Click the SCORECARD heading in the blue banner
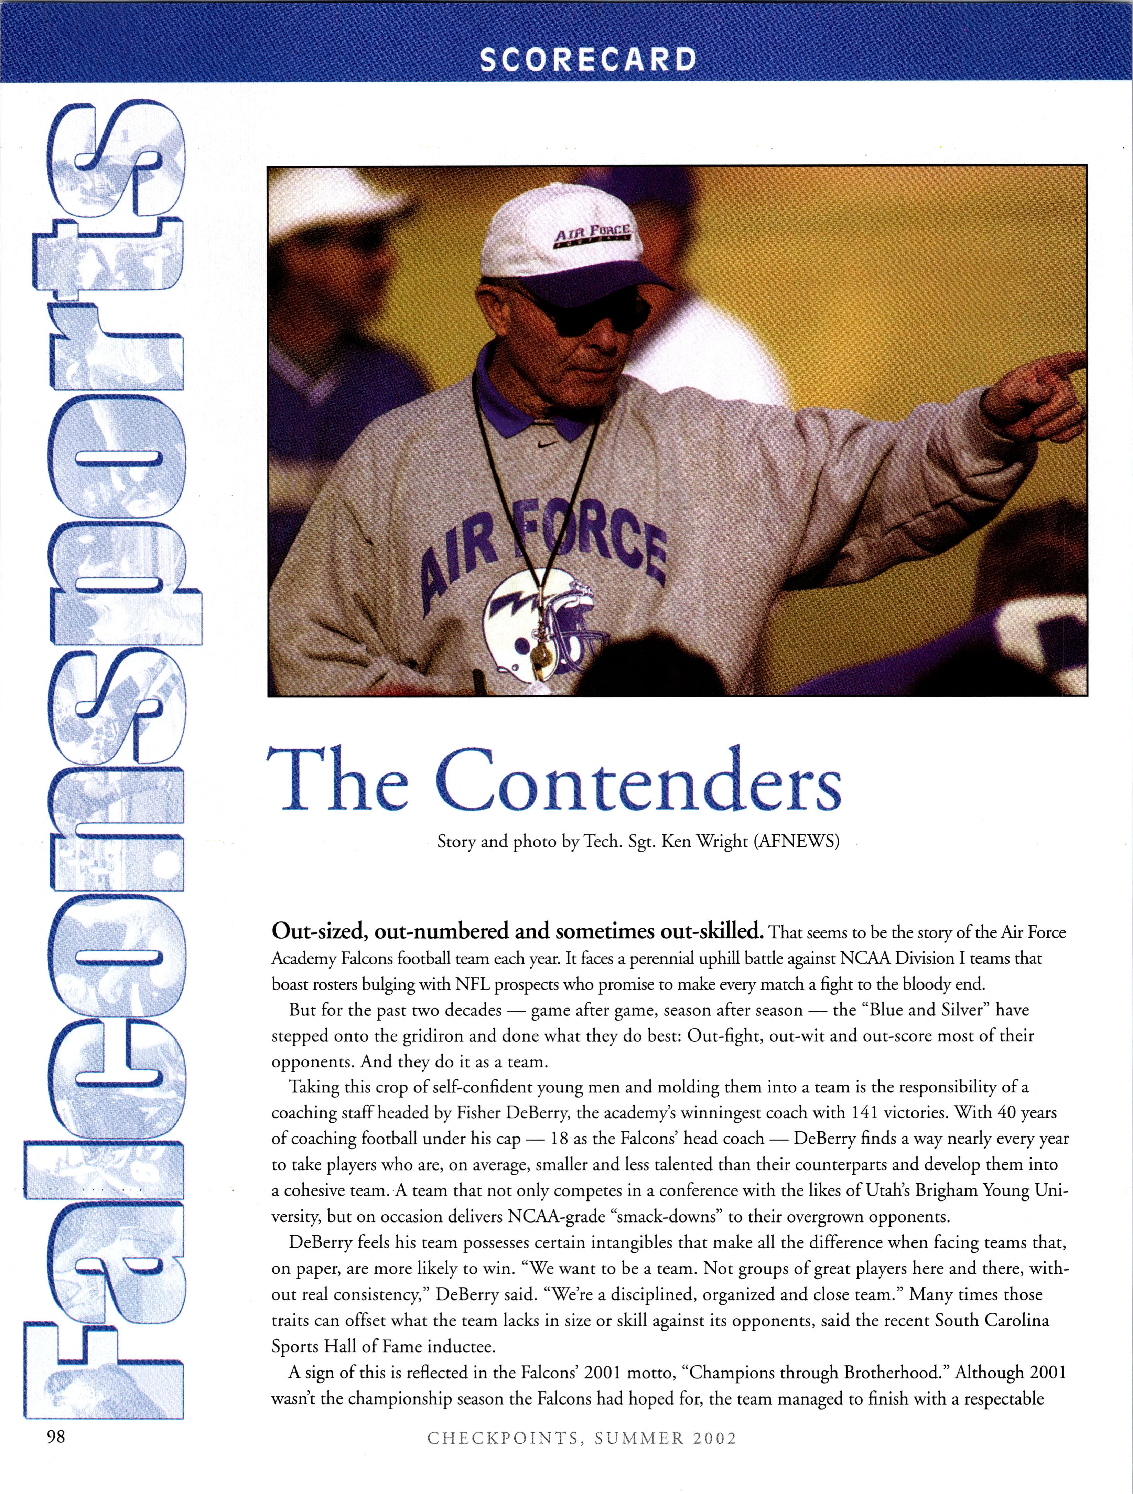[x=587, y=60]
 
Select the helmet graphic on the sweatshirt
[x=540, y=621]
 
